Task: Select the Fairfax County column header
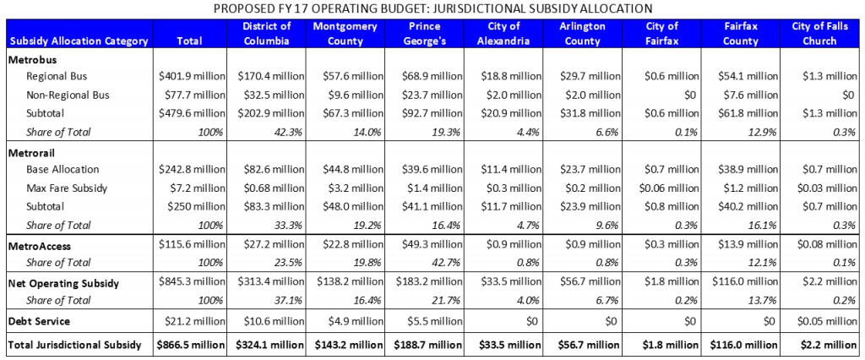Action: [743, 33]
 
